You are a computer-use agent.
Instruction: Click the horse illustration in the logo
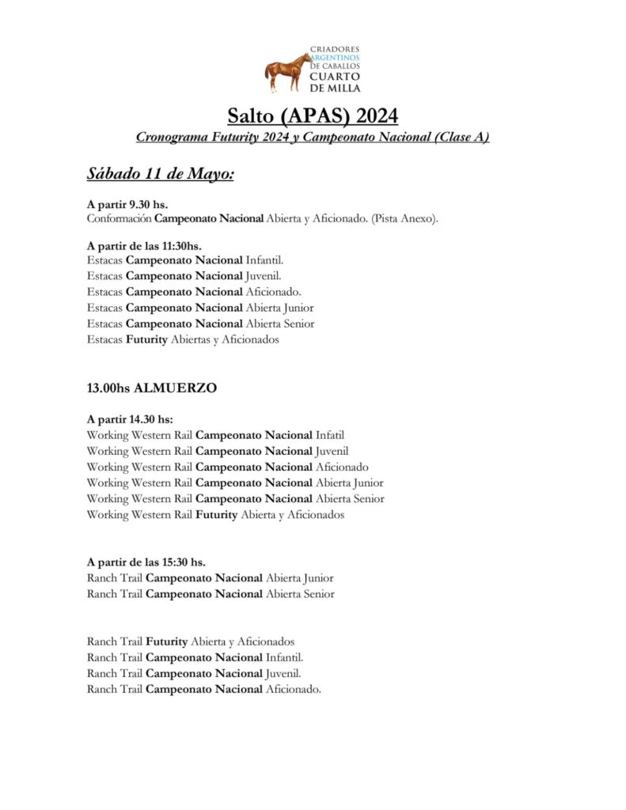(287, 72)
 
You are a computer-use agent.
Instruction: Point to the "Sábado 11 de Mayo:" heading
(160, 173)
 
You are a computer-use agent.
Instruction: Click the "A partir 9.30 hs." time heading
(127, 205)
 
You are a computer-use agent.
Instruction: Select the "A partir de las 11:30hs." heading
(144, 247)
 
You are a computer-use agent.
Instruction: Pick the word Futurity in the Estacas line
(146, 340)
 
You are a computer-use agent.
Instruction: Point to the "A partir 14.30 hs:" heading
(130, 419)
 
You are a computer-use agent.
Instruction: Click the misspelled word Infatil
(330, 435)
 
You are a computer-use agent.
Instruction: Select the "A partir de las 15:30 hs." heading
(146, 562)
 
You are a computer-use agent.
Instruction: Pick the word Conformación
(119, 218)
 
